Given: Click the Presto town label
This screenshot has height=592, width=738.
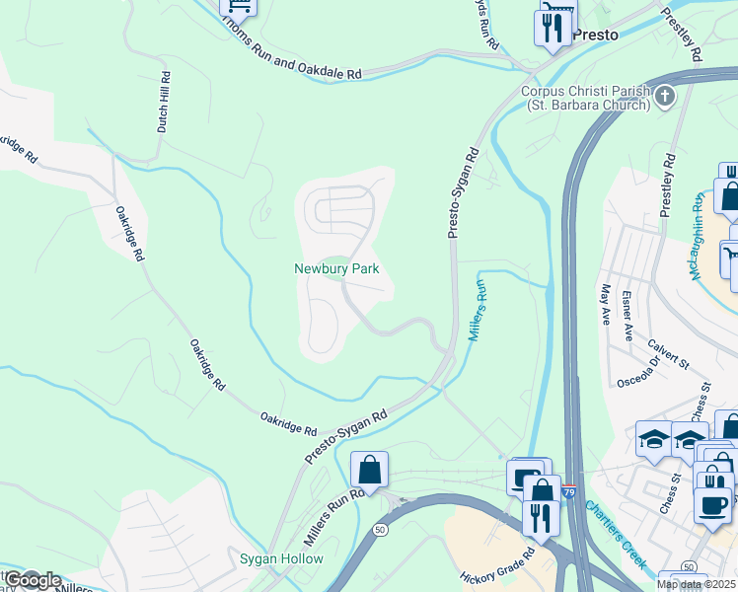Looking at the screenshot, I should [596, 35].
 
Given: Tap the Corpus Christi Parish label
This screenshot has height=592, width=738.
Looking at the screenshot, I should [586, 92].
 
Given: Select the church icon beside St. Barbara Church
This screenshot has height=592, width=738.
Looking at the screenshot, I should [665, 97].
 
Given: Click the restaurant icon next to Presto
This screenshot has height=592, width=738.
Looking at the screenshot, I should [553, 27].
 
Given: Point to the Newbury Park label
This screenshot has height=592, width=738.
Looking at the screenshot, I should [336, 268].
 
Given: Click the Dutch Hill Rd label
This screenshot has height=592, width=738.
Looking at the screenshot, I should [165, 102].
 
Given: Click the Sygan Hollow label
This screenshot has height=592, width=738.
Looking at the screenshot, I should [281, 559].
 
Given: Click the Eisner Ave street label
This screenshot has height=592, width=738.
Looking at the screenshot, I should [627, 314].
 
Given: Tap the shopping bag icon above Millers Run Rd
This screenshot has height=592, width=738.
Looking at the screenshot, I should [369, 470].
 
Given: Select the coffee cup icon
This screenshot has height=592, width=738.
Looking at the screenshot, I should [711, 504].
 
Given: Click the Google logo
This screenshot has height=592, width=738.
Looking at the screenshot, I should [32, 580].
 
